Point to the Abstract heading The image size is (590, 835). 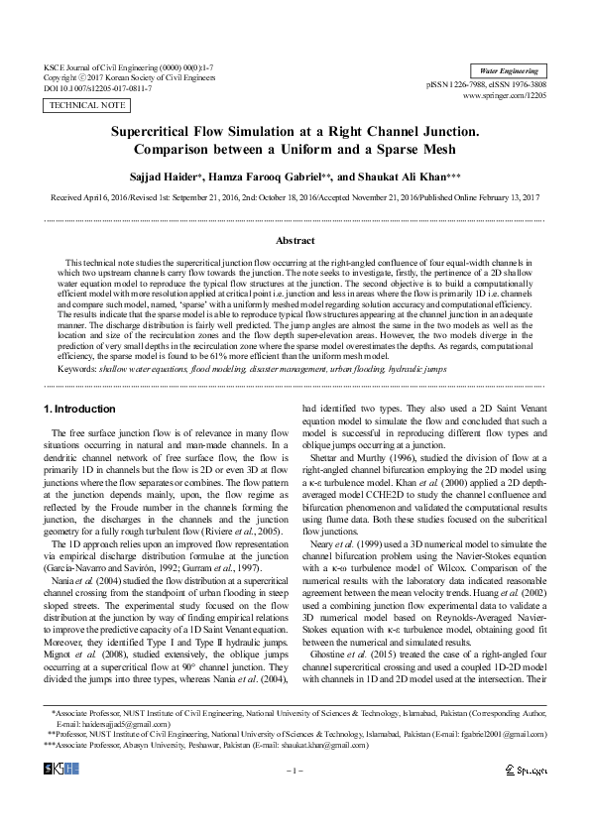point(295,240)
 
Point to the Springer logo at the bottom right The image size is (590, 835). point(525,770)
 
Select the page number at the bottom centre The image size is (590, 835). point(295,771)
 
